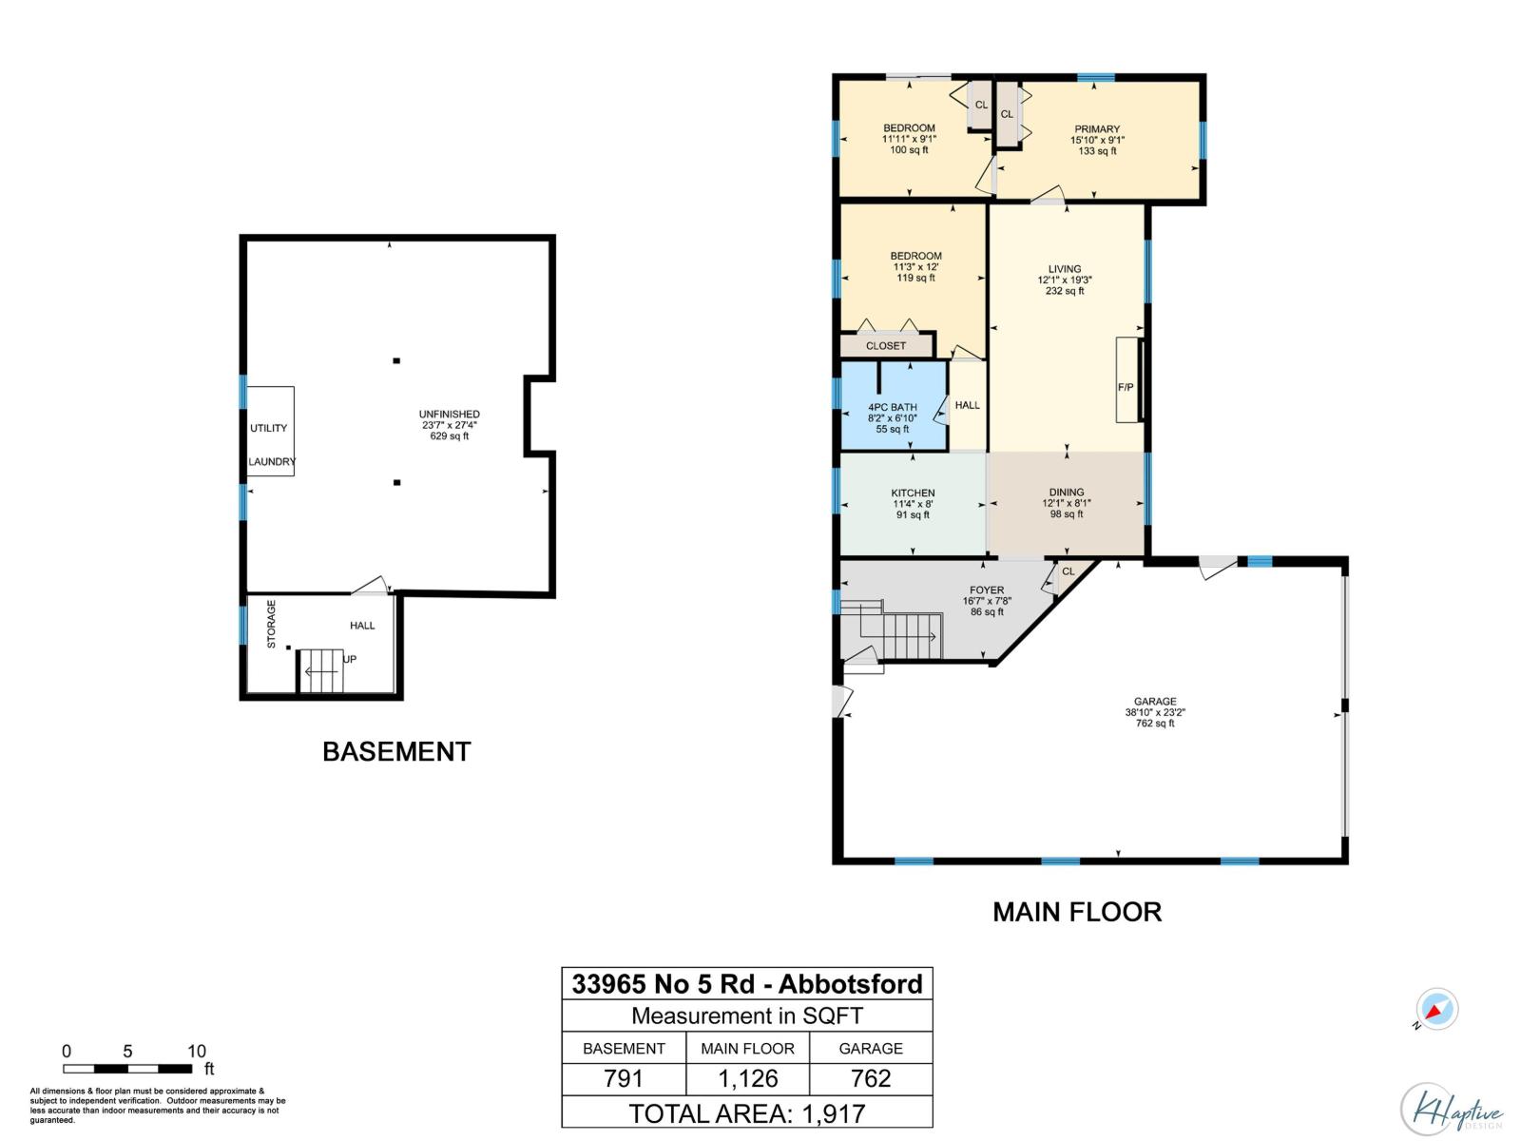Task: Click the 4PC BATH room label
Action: point(892,408)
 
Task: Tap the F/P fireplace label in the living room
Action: point(1125,388)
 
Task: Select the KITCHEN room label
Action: point(913,493)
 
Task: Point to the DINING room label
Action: point(1067,493)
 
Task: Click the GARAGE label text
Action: point(1155,702)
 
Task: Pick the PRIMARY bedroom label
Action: point(1097,129)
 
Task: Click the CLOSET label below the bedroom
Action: point(886,346)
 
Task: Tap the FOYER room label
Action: point(987,590)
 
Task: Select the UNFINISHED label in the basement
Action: point(449,415)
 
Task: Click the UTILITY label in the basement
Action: point(268,429)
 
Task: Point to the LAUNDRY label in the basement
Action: point(272,462)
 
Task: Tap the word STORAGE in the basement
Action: point(271,624)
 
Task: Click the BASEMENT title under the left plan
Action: point(396,752)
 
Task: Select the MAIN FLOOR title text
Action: point(1077,912)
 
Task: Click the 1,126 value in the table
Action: point(747,1079)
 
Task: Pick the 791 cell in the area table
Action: point(624,1079)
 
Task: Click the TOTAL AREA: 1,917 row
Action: point(747,1112)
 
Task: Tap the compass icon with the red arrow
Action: point(1436,1010)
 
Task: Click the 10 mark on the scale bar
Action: point(196,1052)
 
